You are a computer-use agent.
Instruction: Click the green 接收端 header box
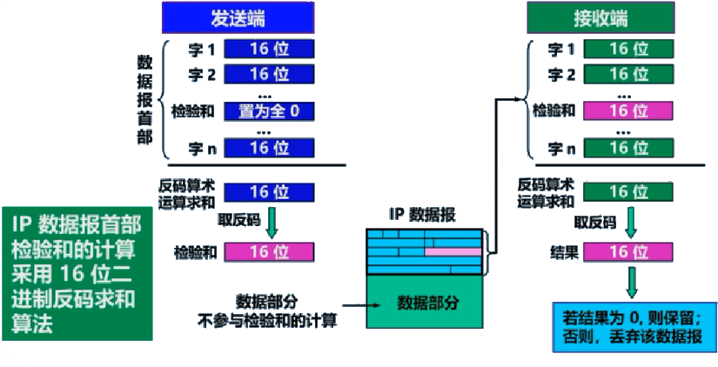coord(601,18)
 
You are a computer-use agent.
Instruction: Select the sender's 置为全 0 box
coord(269,110)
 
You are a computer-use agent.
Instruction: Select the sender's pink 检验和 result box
coord(269,252)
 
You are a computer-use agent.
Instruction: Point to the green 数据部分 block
coord(427,303)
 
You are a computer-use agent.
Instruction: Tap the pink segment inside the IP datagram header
coord(453,251)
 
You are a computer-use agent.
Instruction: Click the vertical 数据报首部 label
coord(145,101)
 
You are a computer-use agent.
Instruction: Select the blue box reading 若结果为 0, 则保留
coord(633,325)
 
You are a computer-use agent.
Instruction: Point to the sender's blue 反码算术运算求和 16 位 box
coord(269,192)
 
